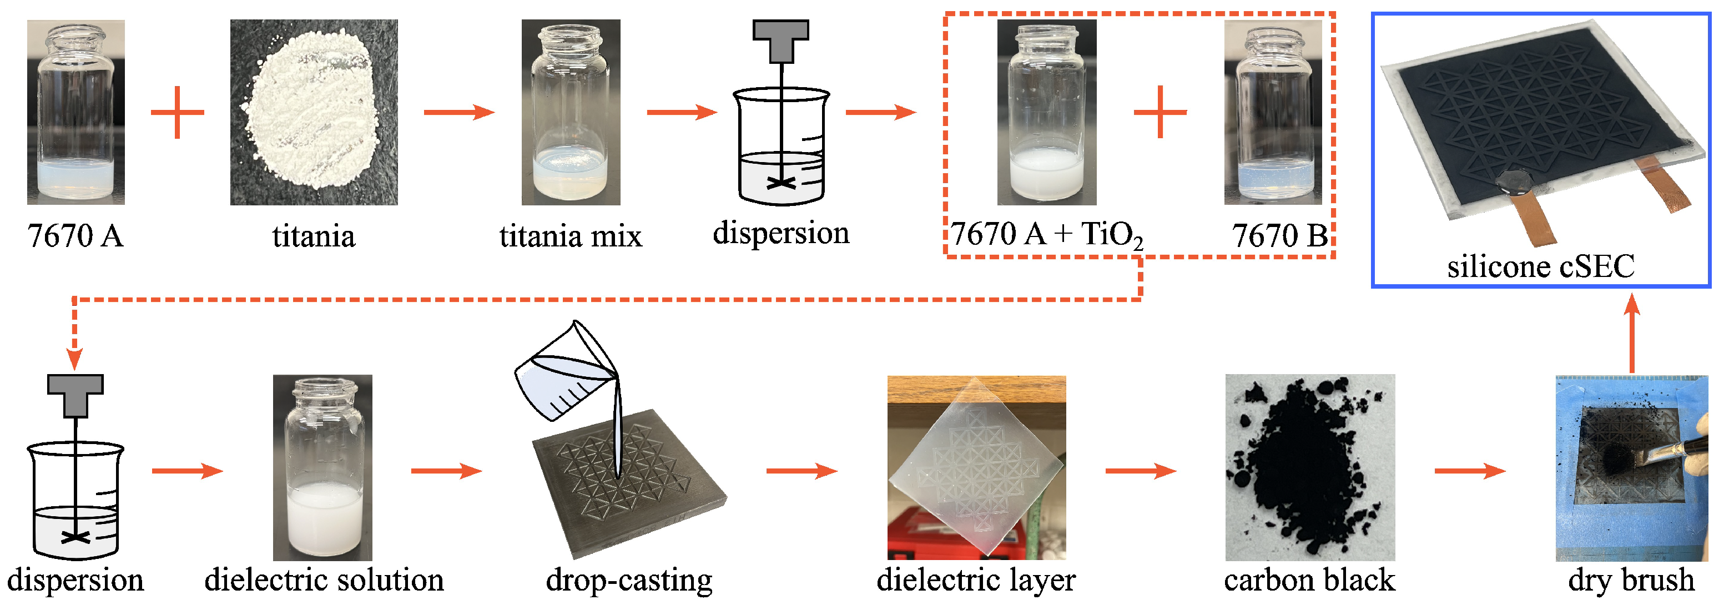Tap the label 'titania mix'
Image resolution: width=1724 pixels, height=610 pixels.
click(570, 236)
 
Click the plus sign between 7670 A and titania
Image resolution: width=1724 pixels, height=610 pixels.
click(178, 112)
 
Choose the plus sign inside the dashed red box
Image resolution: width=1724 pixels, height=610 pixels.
click(1160, 112)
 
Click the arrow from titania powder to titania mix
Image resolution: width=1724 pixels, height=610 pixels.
click(459, 112)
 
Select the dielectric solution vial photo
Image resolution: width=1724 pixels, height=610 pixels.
click(322, 467)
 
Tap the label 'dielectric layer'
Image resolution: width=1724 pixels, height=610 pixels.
click(976, 580)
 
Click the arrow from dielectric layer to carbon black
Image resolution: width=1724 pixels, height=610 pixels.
click(1141, 471)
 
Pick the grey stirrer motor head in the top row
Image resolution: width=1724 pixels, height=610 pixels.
click(780, 37)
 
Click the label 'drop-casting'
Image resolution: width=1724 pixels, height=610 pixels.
click(629, 580)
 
